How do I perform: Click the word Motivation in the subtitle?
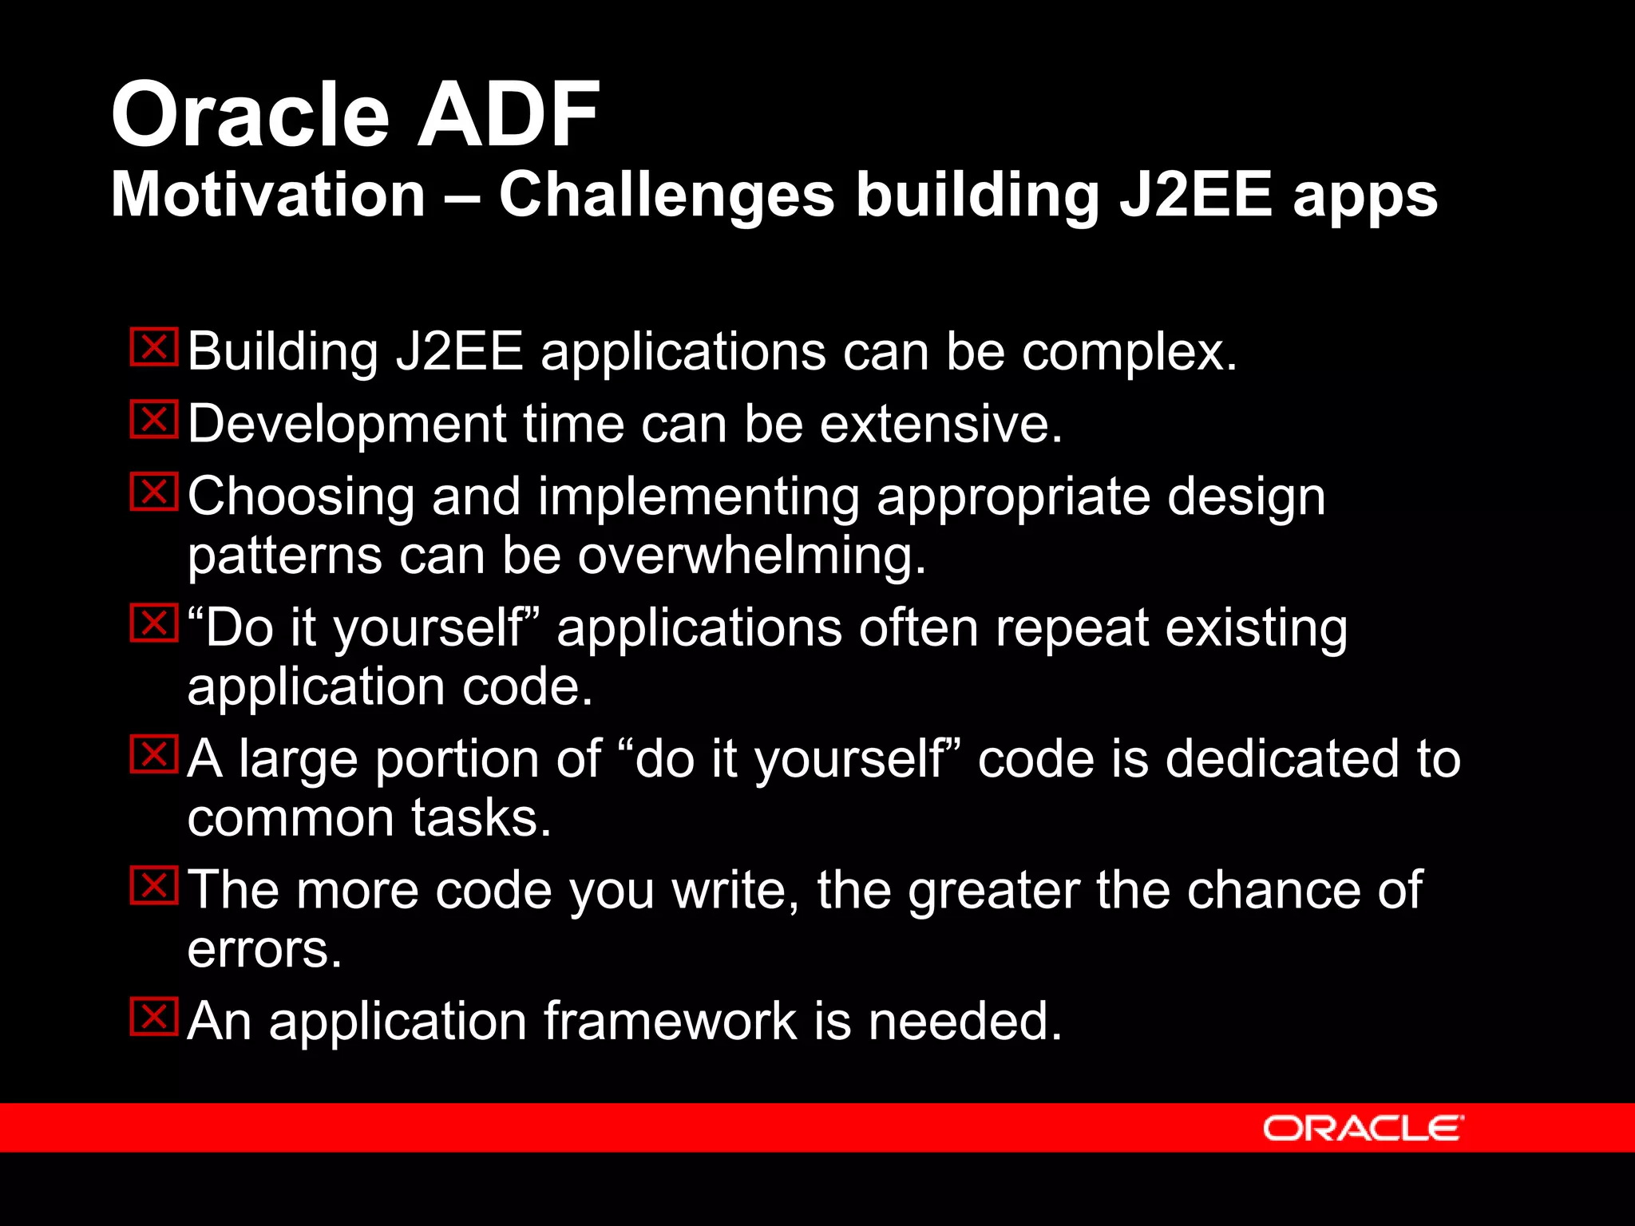tap(268, 196)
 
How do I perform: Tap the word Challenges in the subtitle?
tap(667, 196)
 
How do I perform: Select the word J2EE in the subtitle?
tap(1195, 196)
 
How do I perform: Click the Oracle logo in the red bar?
tap(1363, 1128)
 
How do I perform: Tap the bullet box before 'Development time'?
tap(154, 420)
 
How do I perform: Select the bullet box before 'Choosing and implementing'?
tap(154, 492)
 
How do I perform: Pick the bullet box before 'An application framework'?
tap(154, 1017)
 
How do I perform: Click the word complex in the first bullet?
tap(1129, 353)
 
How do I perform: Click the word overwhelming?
tap(751, 556)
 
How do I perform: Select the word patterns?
tap(284, 557)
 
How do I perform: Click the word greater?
tap(994, 890)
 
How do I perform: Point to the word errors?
tap(264, 951)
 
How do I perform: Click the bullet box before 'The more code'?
tap(154, 886)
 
